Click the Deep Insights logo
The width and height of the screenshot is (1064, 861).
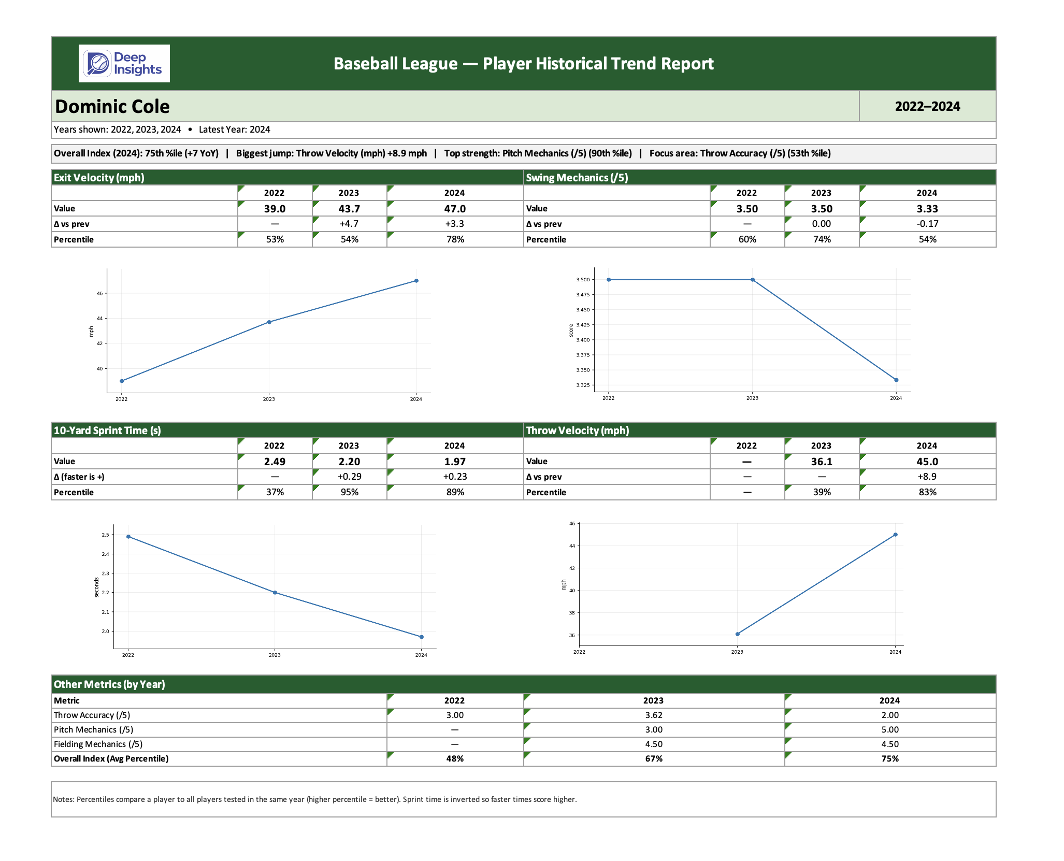[x=124, y=63]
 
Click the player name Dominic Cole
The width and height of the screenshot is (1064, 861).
[x=112, y=107]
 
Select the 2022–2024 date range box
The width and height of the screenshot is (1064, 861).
[x=927, y=107]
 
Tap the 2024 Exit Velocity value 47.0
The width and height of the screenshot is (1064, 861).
[x=455, y=209]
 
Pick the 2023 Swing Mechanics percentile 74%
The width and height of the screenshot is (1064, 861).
[x=822, y=239]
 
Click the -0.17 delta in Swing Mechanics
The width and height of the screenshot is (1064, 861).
[x=927, y=224]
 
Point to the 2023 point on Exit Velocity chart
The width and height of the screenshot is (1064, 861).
[x=269, y=322]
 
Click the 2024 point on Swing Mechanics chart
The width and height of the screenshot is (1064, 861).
[x=896, y=380]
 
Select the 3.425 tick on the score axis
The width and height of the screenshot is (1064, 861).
[x=583, y=325]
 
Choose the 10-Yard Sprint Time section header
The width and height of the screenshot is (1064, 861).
[x=107, y=431]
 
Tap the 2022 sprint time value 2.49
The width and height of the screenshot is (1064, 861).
[x=275, y=462]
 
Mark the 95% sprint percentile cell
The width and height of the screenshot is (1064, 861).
[x=349, y=492]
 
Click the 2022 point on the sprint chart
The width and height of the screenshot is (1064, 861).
[x=128, y=537]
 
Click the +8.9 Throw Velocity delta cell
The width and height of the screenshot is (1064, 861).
[x=927, y=477]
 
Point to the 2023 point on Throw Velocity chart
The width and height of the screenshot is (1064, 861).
[x=738, y=634]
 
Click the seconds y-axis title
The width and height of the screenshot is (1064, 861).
[x=96, y=587]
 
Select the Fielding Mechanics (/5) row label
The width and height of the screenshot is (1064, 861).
[x=98, y=744]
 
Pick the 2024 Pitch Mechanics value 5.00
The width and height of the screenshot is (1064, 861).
[x=890, y=730]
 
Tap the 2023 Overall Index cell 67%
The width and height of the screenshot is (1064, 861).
[x=654, y=759]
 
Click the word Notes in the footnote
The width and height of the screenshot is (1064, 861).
[x=63, y=799]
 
